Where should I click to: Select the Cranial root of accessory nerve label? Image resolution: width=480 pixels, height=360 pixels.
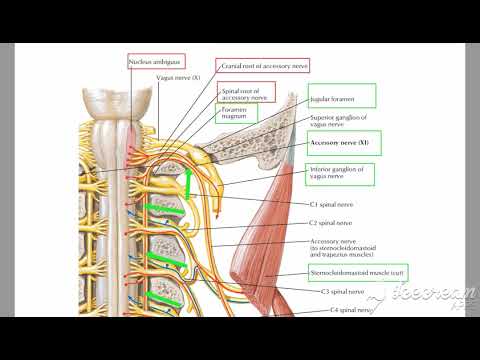265,64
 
